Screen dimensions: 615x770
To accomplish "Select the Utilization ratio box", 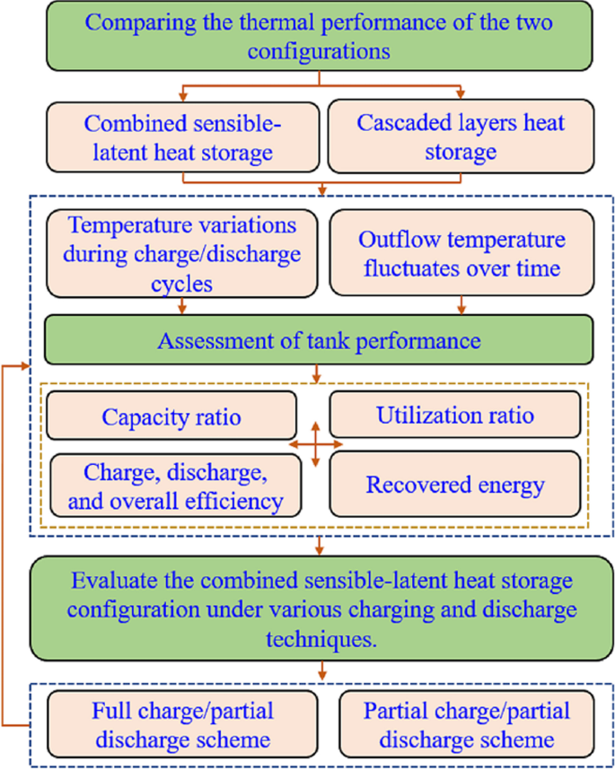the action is [x=455, y=416].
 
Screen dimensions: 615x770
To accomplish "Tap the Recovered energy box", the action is [x=455, y=485].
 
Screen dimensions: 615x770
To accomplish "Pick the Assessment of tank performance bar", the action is [x=319, y=341].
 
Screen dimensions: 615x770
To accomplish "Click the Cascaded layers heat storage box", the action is [x=461, y=136].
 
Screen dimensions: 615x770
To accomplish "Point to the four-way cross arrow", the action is [x=315, y=443].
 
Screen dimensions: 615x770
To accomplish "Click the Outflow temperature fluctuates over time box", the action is [x=461, y=254].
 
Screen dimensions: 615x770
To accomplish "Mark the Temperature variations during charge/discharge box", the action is [x=182, y=254].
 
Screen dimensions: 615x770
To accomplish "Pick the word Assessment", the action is [x=206, y=341].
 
